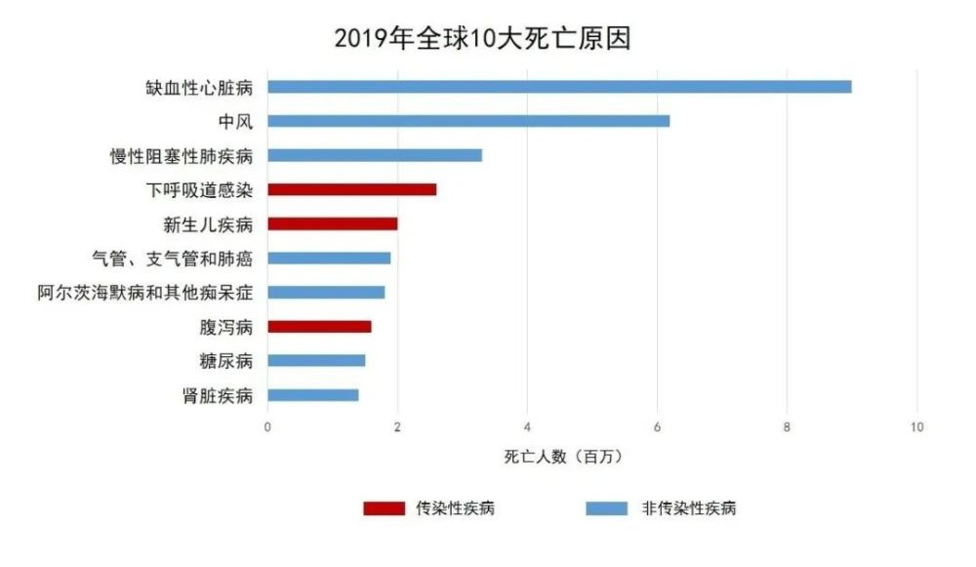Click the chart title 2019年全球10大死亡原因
pyautogui.click(x=483, y=38)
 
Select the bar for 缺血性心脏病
pyautogui.click(x=559, y=87)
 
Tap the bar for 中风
pyautogui.click(x=468, y=121)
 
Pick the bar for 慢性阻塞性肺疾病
pyautogui.click(x=375, y=155)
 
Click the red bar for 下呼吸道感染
pyautogui.click(x=352, y=189)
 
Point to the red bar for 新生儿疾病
pyautogui.click(x=333, y=223)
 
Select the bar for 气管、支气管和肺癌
pyautogui.click(x=329, y=258)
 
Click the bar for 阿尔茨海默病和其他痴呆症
pyautogui.click(x=326, y=292)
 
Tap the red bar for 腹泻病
pyautogui.click(x=319, y=326)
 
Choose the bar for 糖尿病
pyautogui.click(x=316, y=360)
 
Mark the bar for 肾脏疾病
pyautogui.click(x=313, y=394)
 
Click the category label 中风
pyautogui.click(x=236, y=121)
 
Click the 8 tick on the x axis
pyautogui.click(x=787, y=427)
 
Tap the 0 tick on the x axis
pyautogui.click(x=268, y=427)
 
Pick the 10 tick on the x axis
pyautogui.click(x=916, y=427)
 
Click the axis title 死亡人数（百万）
pyautogui.click(x=563, y=457)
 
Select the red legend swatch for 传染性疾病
pyautogui.click(x=384, y=508)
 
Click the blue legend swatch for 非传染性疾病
pyautogui.click(x=606, y=508)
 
